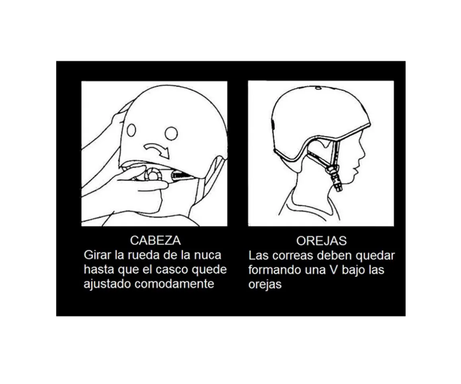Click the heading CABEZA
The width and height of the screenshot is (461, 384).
pyautogui.click(x=155, y=240)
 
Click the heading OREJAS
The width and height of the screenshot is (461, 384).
pyautogui.click(x=321, y=240)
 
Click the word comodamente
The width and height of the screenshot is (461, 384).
pyautogui.click(x=174, y=284)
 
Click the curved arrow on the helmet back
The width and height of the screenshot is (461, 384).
pyautogui.click(x=157, y=150)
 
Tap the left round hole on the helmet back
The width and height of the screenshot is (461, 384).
pyautogui.click(x=131, y=130)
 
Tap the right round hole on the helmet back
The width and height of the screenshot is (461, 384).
pyautogui.click(x=171, y=133)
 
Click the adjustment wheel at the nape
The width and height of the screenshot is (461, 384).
pyautogui.click(x=152, y=174)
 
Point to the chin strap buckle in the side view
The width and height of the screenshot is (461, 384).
pyautogui.click(x=331, y=170)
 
